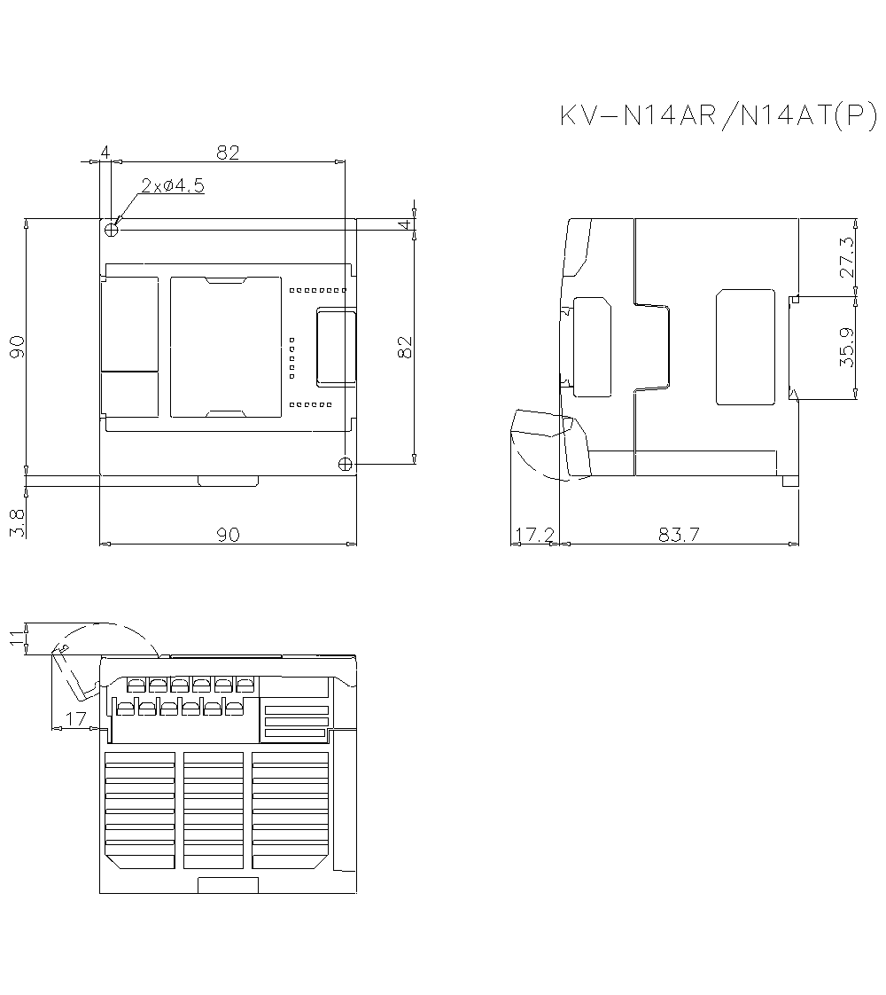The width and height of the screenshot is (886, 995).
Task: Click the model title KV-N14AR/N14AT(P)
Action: click(x=718, y=117)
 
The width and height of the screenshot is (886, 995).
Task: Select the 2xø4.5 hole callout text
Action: click(x=173, y=186)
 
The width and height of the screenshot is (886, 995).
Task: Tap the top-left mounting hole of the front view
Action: click(x=112, y=229)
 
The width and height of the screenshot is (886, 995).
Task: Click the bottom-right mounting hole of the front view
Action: click(x=346, y=463)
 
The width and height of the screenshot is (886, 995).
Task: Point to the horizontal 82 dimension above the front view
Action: click(x=228, y=153)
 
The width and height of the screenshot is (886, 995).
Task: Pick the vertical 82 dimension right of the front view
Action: click(x=406, y=346)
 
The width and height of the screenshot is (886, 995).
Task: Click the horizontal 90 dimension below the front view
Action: click(x=228, y=535)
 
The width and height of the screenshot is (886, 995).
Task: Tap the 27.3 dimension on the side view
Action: click(x=847, y=257)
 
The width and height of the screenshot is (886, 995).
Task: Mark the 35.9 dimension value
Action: click(x=847, y=348)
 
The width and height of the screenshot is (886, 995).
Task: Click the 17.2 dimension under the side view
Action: click(x=533, y=535)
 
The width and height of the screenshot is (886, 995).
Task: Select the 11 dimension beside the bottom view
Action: click(x=16, y=638)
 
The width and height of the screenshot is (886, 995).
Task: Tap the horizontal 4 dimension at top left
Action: click(x=105, y=153)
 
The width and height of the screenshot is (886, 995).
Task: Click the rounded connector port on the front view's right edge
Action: click(x=337, y=347)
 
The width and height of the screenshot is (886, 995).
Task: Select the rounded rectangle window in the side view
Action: click(x=750, y=347)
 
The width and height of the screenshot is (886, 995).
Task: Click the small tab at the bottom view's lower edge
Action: click(x=228, y=885)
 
